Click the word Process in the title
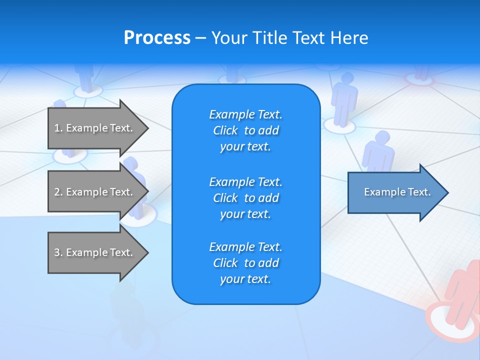157,38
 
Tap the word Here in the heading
348,38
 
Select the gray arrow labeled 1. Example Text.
95,128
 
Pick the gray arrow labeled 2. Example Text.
95,192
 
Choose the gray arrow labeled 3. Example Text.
95,252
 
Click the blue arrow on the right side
395,192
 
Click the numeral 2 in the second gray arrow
57,192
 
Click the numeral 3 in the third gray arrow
57,252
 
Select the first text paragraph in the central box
245,130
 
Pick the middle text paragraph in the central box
245,198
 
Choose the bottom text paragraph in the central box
245,263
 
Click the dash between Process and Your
201,38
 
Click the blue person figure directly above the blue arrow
379,150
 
